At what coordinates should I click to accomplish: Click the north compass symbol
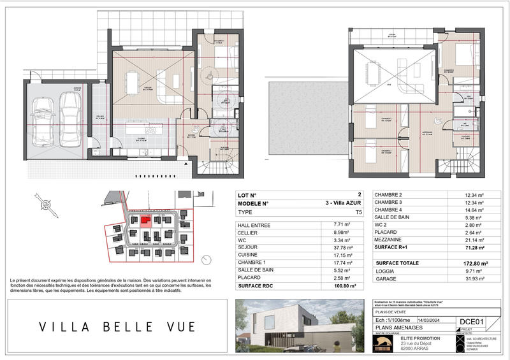click(45, 206)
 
